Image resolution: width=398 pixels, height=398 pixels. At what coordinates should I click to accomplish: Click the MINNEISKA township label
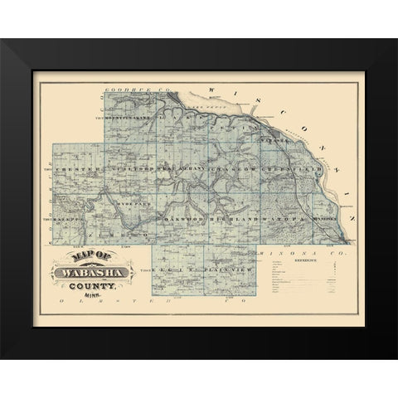[319, 217]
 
